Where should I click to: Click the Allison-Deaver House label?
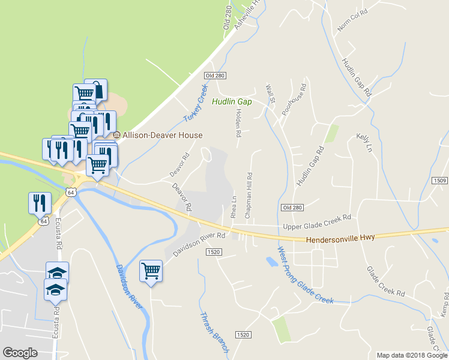pos(162,136)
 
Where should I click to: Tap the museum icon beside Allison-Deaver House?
pos(117,135)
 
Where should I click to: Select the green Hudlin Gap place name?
pos(231,102)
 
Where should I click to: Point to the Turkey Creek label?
pos(194,104)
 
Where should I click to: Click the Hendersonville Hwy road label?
pos(340,238)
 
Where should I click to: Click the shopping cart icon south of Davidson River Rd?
pos(151,270)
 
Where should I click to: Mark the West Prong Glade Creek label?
pos(305,275)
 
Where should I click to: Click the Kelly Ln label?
pos(364,143)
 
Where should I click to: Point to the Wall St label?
pos(270,93)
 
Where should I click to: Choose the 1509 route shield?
pos(440,180)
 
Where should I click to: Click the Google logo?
pos(20,353)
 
